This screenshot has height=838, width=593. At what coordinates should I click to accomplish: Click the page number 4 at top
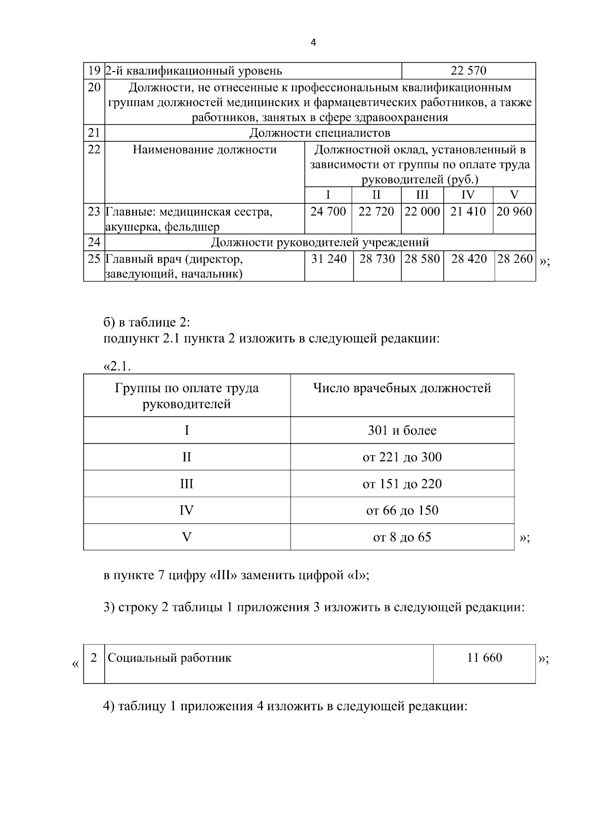(x=313, y=42)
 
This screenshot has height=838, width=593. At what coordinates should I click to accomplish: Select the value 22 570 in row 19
(x=468, y=71)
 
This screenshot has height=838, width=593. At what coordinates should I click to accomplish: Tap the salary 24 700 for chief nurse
(x=328, y=212)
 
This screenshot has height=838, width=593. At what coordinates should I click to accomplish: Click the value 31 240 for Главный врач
(x=329, y=259)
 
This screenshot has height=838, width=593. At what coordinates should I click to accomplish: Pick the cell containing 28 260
(x=515, y=259)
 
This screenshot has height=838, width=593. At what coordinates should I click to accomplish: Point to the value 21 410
(x=468, y=212)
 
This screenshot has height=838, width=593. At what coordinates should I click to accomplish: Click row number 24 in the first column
(x=94, y=242)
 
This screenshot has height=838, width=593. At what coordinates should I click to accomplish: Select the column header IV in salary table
(x=467, y=195)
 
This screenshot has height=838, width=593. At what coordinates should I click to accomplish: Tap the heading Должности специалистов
(x=319, y=133)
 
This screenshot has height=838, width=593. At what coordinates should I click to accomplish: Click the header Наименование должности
(x=204, y=150)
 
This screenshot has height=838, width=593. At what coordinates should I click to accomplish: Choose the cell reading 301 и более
(x=402, y=431)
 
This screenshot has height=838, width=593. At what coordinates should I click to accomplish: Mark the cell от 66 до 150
(x=402, y=510)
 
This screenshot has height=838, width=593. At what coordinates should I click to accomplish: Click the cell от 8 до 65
(x=402, y=537)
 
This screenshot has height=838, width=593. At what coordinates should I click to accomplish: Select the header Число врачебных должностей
(x=402, y=388)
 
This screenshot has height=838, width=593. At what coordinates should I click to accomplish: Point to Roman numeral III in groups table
(x=186, y=483)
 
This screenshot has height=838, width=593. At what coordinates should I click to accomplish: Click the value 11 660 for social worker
(x=484, y=658)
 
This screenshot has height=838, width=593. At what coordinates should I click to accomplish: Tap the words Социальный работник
(x=169, y=658)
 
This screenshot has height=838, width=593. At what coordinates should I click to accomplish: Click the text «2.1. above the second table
(x=117, y=366)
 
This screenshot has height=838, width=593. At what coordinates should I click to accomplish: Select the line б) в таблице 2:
(x=147, y=323)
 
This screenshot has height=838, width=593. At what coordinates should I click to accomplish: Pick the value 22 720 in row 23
(x=376, y=212)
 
